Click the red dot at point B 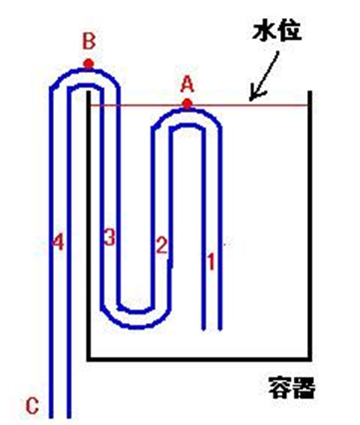89,65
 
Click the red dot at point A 186,103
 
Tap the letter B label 88,42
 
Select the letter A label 186,84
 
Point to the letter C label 32,405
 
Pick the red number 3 109,236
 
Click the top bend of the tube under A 186,115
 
